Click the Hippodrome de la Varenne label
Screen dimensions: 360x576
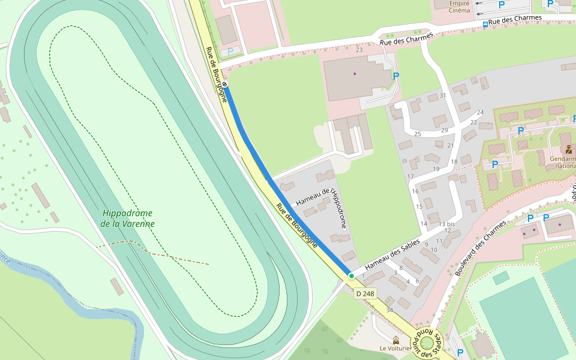tap(128, 218)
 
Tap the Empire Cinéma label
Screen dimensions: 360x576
tap(459, 7)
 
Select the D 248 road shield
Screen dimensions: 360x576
tap(365, 293)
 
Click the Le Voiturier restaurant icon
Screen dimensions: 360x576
tap(396, 340)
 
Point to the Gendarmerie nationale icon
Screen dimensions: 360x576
tap(568, 149)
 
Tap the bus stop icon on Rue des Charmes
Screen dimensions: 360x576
tap(485, 25)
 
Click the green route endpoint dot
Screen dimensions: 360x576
tap(351, 275)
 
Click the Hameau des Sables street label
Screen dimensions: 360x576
tap(392, 254)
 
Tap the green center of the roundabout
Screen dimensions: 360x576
tap(427, 343)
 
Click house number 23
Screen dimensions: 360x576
tap(359, 50)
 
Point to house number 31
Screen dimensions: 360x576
tap(443, 95)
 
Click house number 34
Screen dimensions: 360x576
tap(389, 310)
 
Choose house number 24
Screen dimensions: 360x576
tap(480, 113)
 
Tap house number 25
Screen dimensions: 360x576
tap(418, 134)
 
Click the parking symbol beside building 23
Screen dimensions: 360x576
tap(395, 76)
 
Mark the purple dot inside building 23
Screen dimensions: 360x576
tap(355, 74)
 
